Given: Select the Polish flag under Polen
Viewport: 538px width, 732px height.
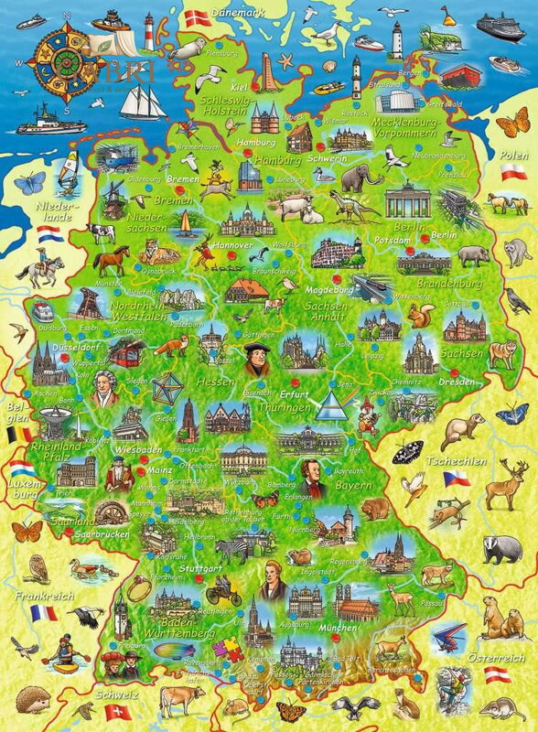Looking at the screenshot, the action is (x=512, y=172).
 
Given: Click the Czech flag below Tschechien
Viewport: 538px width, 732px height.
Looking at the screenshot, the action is (x=457, y=478).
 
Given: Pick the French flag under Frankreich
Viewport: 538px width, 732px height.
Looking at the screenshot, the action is (x=42, y=612).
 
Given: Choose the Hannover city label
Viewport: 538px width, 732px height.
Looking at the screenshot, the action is (x=217, y=246).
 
